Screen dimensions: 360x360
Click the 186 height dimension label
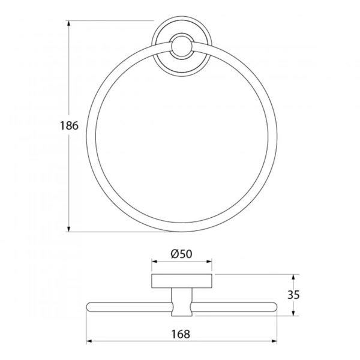(x=69, y=125)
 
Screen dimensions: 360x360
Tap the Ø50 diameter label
(x=181, y=254)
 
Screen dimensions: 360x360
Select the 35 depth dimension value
(x=293, y=295)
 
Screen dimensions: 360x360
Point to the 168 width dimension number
(x=181, y=334)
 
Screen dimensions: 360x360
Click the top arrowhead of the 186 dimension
(x=68, y=23)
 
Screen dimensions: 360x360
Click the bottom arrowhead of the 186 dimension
(x=68, y=229)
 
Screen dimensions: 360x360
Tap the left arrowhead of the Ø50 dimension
(x=155, y=261)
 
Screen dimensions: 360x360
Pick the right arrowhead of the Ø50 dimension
(x=209, y=261)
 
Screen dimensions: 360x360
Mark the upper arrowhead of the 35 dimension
(x=293, y=277)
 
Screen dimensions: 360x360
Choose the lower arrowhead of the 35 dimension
(x=293, y=313)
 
